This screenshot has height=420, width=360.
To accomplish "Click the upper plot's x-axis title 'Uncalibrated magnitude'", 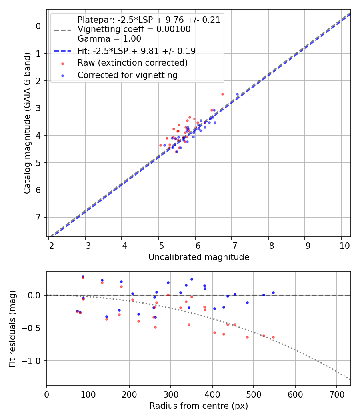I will point(199,257).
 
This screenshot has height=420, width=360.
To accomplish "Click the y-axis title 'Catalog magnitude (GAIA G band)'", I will point(27,123).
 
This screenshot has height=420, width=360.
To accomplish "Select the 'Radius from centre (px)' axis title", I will point(199,406).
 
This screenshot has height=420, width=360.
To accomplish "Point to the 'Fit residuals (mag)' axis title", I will point(12,329).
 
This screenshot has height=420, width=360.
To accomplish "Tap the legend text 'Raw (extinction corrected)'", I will point(132,63).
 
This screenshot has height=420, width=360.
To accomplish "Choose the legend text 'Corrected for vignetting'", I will point(127,75).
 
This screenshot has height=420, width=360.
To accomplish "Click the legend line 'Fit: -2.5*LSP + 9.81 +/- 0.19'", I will point(64,51).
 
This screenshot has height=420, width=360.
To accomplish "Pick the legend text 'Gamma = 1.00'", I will point(109,39).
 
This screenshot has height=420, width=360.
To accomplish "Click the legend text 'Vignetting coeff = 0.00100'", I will point(134,29).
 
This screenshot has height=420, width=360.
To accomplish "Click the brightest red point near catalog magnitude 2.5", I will point(222,94).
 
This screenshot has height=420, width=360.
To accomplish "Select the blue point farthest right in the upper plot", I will point(237,94).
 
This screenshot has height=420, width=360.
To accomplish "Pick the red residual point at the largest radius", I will point(273,337).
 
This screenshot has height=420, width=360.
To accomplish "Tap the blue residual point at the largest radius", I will point(273,292).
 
